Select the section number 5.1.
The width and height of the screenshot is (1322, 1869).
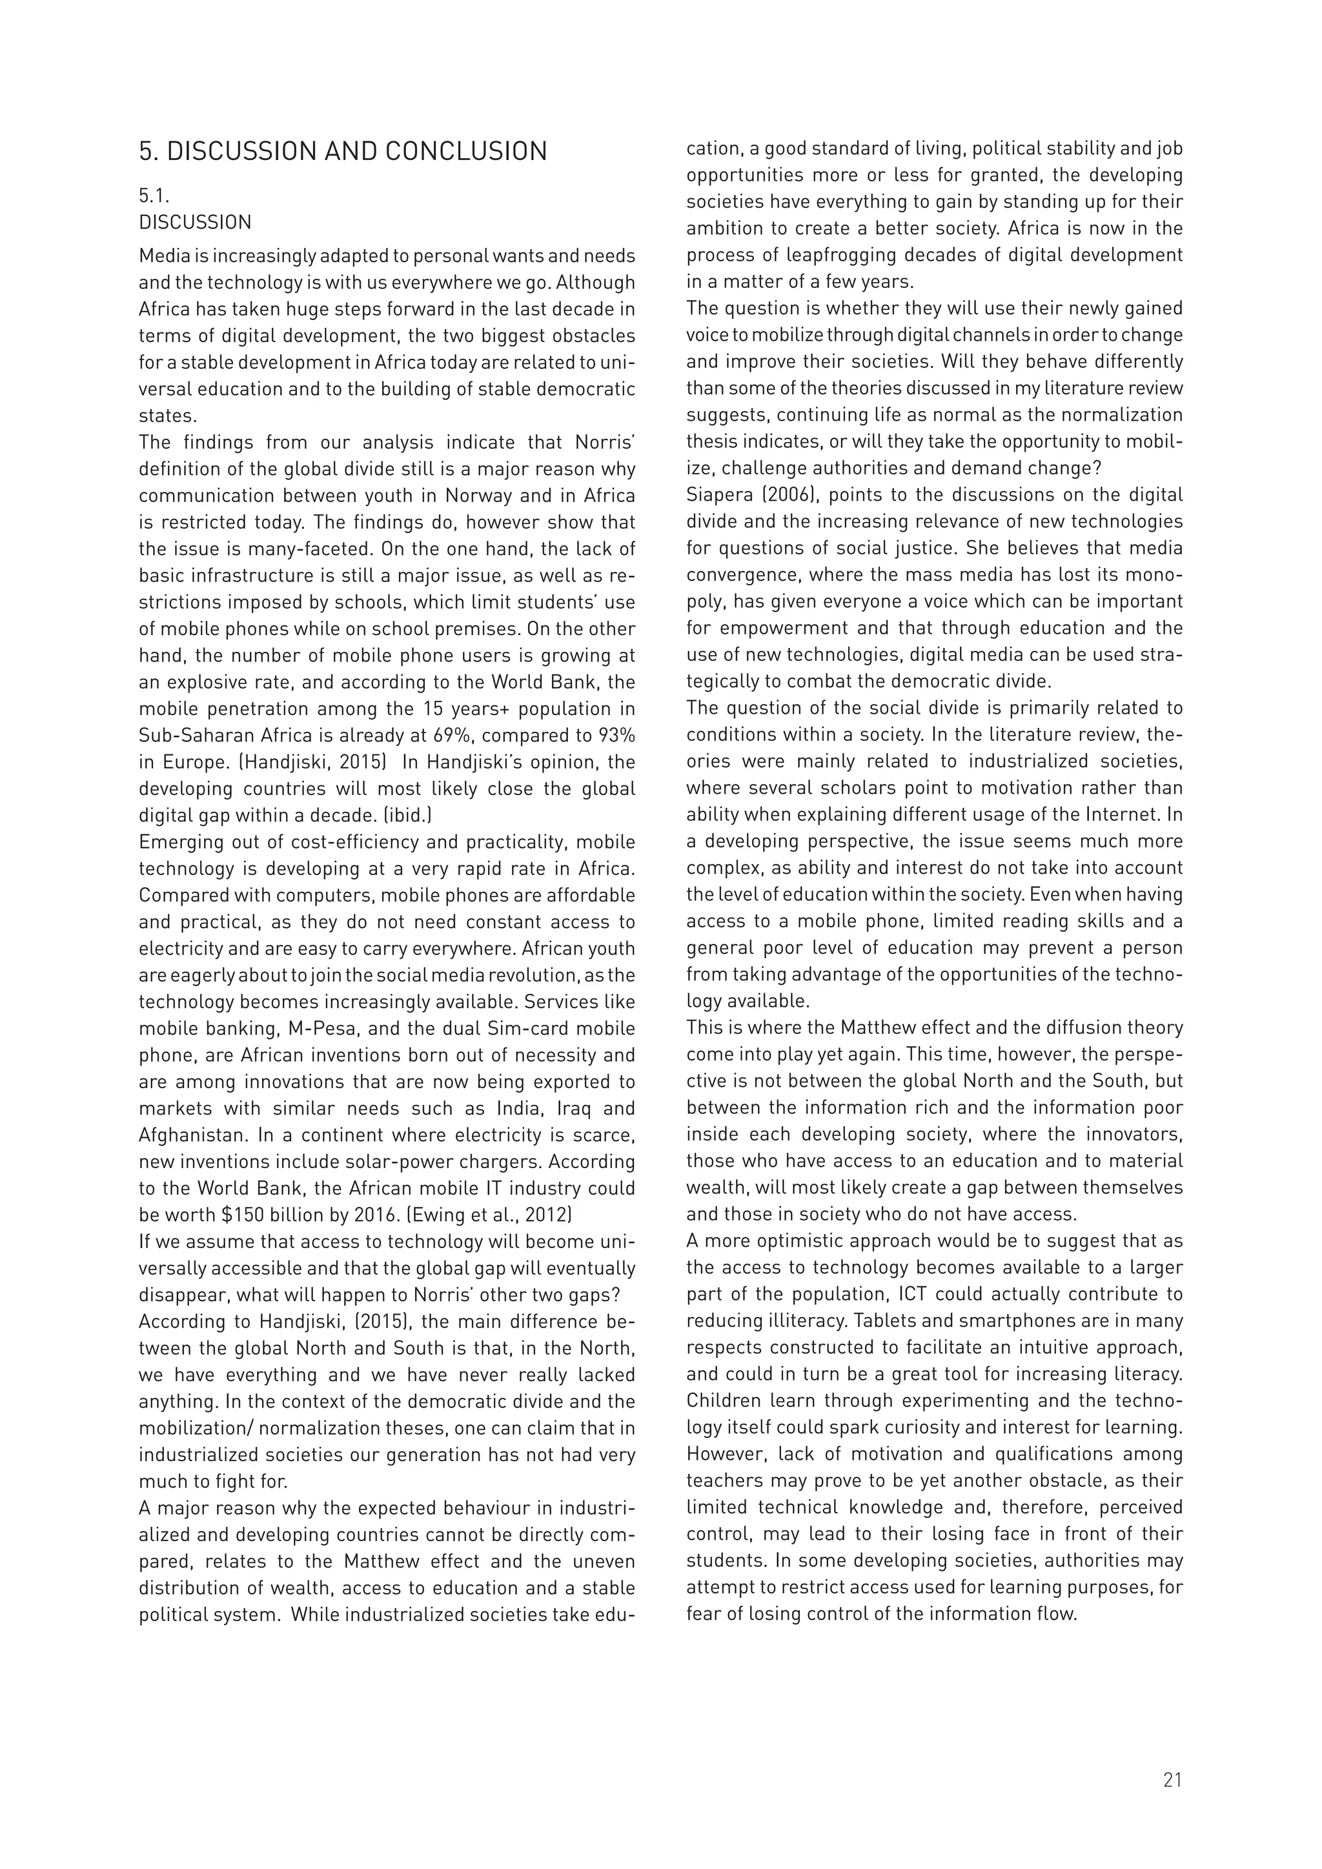pos(154,196)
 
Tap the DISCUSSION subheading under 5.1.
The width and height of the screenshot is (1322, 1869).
pos(196,222)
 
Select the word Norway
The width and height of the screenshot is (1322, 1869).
pos(502,496)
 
